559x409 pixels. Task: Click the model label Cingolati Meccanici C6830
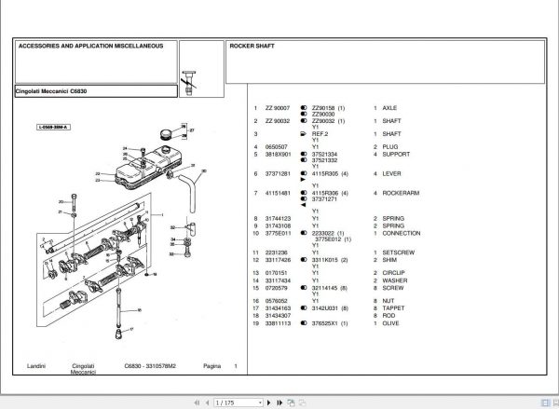click(x=55, y=90)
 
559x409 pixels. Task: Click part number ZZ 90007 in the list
click(x=278, y=108)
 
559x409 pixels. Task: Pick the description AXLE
click(x=389, y=108)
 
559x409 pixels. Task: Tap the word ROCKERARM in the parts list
click(x=399, y=193)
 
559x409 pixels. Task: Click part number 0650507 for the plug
click(x=277, y=147)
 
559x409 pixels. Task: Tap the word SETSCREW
click(x=398, y=252)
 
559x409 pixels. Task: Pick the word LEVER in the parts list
click(x=391, y=173)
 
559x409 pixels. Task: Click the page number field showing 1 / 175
click(x=227, y=402)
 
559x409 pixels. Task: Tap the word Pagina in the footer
click(x=211, y=365)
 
